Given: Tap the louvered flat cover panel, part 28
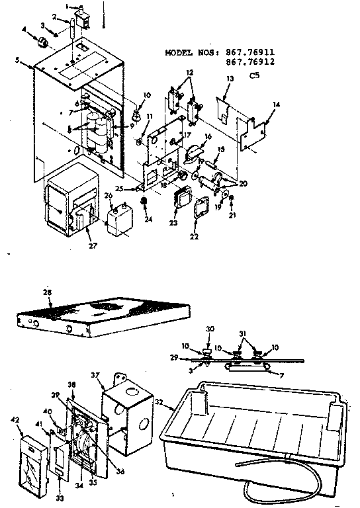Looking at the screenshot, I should tap(103, 316).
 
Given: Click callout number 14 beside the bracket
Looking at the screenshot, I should tap(276, 105).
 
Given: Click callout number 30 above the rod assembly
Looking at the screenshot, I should tap(211, 329).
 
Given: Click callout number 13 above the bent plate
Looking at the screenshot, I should tap(230, 78).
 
